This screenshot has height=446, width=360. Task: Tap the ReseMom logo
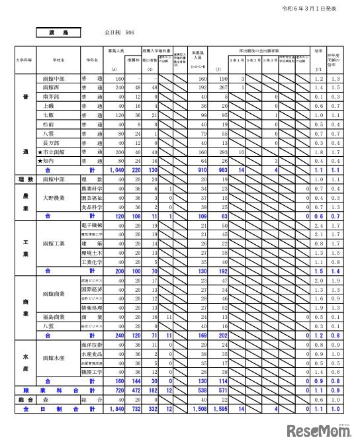pos(320,431)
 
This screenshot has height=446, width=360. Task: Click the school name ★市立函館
pos(54,152)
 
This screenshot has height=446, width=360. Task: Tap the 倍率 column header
pos(318,50)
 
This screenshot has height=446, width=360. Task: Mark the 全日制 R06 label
pos(120,32)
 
